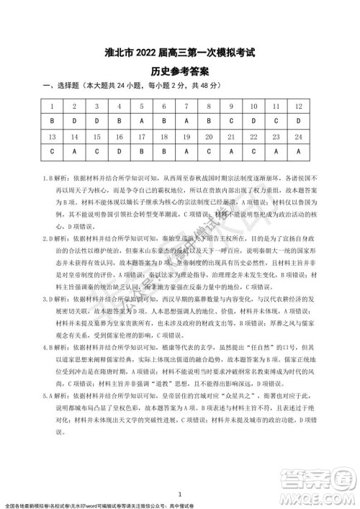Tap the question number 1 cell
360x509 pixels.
pyautogui.click(x=53, y=107)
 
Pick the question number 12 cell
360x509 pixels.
pyautogui.click(x=299, y=107)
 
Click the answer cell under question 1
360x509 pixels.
pyautogui.click(x=53, y=120)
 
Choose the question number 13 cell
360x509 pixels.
pyautogui.click(x=53, y=135)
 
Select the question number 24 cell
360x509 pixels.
pyautogui.click(x=299, y=135)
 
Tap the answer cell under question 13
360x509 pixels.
pyautogui.click(x=53, y=150)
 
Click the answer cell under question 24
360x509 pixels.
pyautogui.click(x=299, y=150)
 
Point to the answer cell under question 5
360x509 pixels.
pyautogui.click(x=142, y=120)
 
